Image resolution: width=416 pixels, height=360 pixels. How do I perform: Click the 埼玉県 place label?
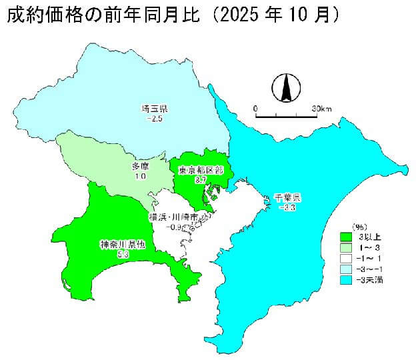pyautogui.click(x=155, y=109)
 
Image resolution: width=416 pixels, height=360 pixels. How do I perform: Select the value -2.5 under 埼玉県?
pyautogui.click(x=155, y=118)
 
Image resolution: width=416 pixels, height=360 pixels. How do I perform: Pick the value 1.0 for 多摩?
pyautogui.click(x=140, y=176)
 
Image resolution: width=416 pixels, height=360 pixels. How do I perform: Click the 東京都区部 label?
pyautogui.click(x=201, y=171)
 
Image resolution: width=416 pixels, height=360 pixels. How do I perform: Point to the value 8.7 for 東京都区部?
pyautogui.click(x=200, y=180)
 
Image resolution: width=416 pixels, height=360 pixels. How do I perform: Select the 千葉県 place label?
pyautogui.click(x=288, y=198)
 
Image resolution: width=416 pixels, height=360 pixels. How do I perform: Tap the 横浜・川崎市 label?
pyautogui.click(x=173, y=217)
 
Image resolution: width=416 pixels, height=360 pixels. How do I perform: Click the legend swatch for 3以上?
pyautogui.click(x=346, y=237)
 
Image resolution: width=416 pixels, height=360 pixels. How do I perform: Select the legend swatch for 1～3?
pyautogui.click(x=346, y=247)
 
